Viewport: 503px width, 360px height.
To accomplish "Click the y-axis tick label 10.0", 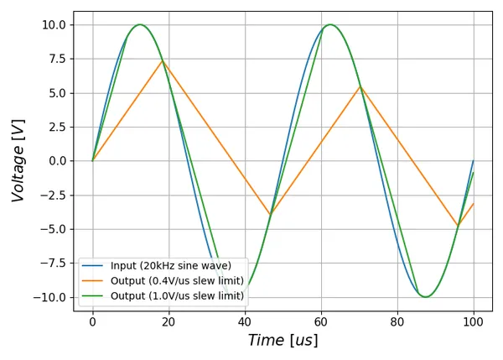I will tap(53, 25).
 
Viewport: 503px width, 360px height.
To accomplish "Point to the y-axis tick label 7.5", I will tap(57, 59).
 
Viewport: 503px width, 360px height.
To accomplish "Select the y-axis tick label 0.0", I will tap(57, 161).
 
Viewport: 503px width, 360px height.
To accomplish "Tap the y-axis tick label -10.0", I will tap(50, 297).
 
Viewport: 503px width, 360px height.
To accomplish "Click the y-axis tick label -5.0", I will tap(54, 229).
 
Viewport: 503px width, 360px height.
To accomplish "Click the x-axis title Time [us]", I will tap(283, 341).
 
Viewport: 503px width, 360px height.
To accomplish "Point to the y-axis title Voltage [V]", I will tap(18, 159).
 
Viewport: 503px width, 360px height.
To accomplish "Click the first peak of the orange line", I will tap(163, 60).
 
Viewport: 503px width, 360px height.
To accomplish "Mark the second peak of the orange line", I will tap(360, 86).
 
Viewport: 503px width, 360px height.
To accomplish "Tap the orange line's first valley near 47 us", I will tap(270, 215).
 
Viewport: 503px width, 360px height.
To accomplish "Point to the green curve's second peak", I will tap(330, 24).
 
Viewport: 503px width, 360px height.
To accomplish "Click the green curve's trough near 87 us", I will tap(426, 297).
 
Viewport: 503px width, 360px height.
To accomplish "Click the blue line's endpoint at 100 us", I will tap(474, 160).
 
